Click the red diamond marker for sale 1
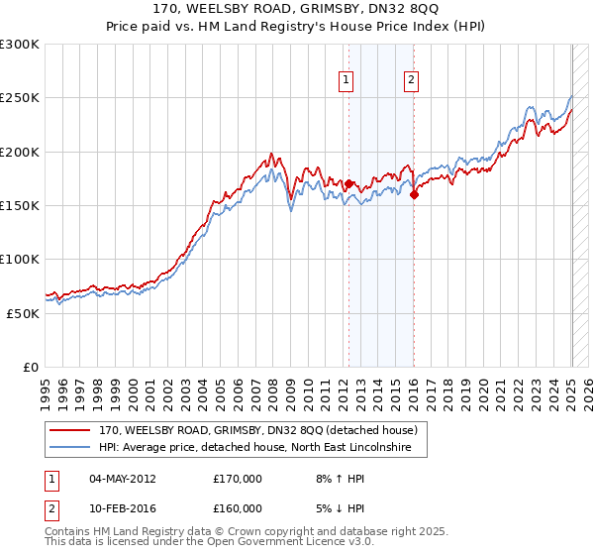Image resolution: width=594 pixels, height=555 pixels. point(348,183)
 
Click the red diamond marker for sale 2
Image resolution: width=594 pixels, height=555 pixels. point(414,194)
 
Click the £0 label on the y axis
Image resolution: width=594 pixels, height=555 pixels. point(30,367)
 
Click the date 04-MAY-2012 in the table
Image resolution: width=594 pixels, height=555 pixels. point(123,479)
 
